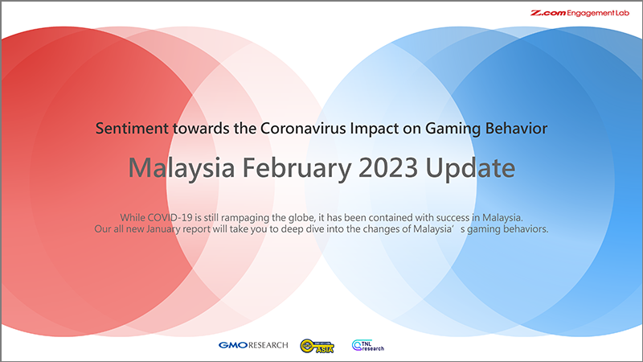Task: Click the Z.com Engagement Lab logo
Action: [x=584, y=14]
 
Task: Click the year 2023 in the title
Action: [x=391, y=169]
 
